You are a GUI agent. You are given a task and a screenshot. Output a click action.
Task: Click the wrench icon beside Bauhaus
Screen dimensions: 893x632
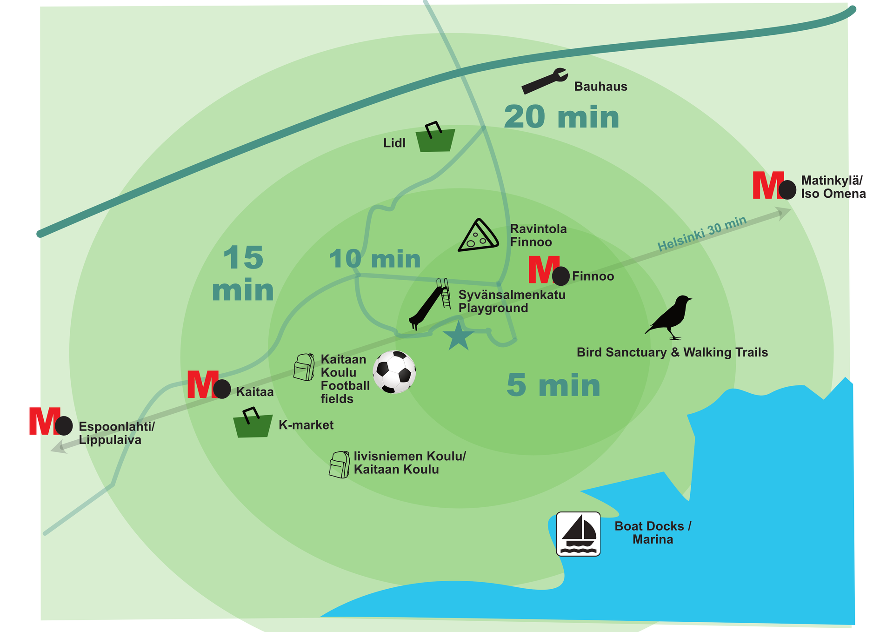[x=544, y=81]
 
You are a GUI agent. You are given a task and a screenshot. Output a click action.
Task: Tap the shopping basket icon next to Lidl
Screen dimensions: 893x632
[x=435, y=138]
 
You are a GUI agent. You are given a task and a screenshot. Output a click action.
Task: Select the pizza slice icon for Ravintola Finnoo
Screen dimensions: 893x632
[x=479, y=235]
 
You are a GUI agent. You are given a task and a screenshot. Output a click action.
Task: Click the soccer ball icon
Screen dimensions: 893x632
[x=394, y=372]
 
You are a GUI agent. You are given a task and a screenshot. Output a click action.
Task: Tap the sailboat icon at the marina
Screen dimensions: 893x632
[x=578, y=534]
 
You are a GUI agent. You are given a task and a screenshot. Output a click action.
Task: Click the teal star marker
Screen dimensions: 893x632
[x=459, y=336]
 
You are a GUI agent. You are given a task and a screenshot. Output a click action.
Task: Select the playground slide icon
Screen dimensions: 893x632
[x=430, y=304]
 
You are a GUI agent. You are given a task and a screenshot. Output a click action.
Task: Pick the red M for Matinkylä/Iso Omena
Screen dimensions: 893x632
[x=768, y=185]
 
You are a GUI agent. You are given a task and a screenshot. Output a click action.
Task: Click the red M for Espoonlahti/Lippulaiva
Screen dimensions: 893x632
[x=45, y=421]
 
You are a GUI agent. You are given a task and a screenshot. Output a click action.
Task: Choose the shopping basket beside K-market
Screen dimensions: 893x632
[x=253, y=423]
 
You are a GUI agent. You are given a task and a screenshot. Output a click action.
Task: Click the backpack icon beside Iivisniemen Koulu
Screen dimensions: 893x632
[x=340, y=464]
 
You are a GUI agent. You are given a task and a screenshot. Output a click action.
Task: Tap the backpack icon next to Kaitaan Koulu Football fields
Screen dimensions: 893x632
[x=304, y=367]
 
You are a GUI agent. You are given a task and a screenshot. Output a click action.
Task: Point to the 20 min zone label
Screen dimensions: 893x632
[x=561, y=117]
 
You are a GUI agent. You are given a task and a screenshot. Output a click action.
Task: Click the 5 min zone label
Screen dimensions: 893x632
[x=553, y=385]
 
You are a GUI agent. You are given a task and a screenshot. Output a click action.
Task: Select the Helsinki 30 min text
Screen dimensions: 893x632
[x=702, y=233]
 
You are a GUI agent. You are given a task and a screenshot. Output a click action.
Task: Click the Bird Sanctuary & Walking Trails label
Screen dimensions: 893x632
[x=672, y=352]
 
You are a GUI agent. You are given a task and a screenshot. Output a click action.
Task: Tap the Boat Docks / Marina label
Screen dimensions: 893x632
[x=653, y=533]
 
